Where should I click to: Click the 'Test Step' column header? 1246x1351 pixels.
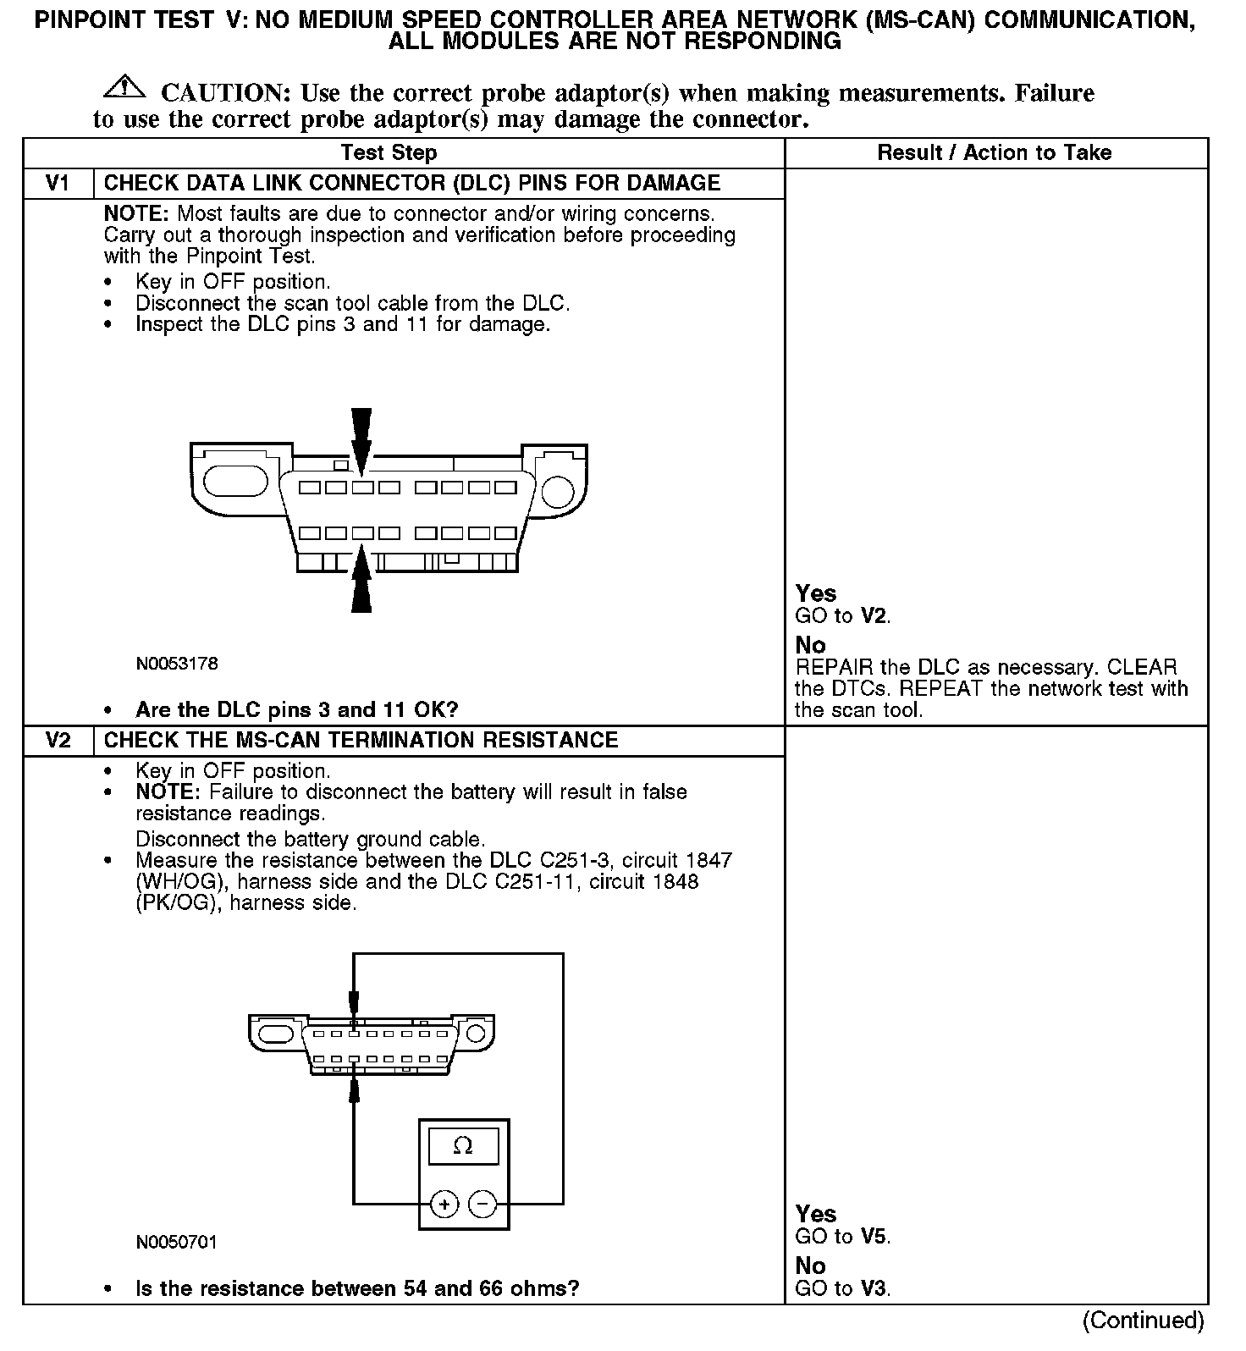(389, 153)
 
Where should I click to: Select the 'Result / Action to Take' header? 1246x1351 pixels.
(995, 153)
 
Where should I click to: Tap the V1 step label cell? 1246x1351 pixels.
(57, 184)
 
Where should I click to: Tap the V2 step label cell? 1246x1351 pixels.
(57, 741)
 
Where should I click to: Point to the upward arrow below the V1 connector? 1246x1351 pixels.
(361, 580)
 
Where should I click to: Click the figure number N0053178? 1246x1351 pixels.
(177, 664)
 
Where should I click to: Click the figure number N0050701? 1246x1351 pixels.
(177, 1243)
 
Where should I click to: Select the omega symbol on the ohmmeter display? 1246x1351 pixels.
(463, 1146)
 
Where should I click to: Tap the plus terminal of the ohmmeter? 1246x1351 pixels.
(444, 1204)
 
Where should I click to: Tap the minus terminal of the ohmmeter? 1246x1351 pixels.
(482, 1204)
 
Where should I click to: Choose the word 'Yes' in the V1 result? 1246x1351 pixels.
(816, 593)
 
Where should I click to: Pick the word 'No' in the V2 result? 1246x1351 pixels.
(810, 1266)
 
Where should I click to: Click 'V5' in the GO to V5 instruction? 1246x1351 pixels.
(874, 1237)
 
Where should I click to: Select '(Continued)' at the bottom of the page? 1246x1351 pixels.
(1143, 1321)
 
